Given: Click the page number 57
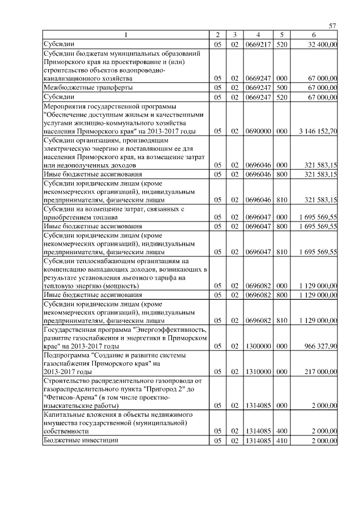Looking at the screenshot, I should (x=332, y=25).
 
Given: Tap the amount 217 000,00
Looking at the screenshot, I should (x=321, y=372).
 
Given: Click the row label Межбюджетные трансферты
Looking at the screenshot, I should (x=88, y=88).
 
